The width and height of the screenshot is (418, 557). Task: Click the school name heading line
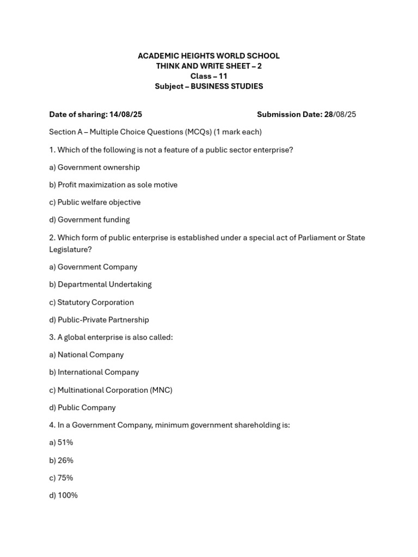click(x=208, y=55)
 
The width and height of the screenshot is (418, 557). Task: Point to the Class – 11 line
click(x=208, y=76)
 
